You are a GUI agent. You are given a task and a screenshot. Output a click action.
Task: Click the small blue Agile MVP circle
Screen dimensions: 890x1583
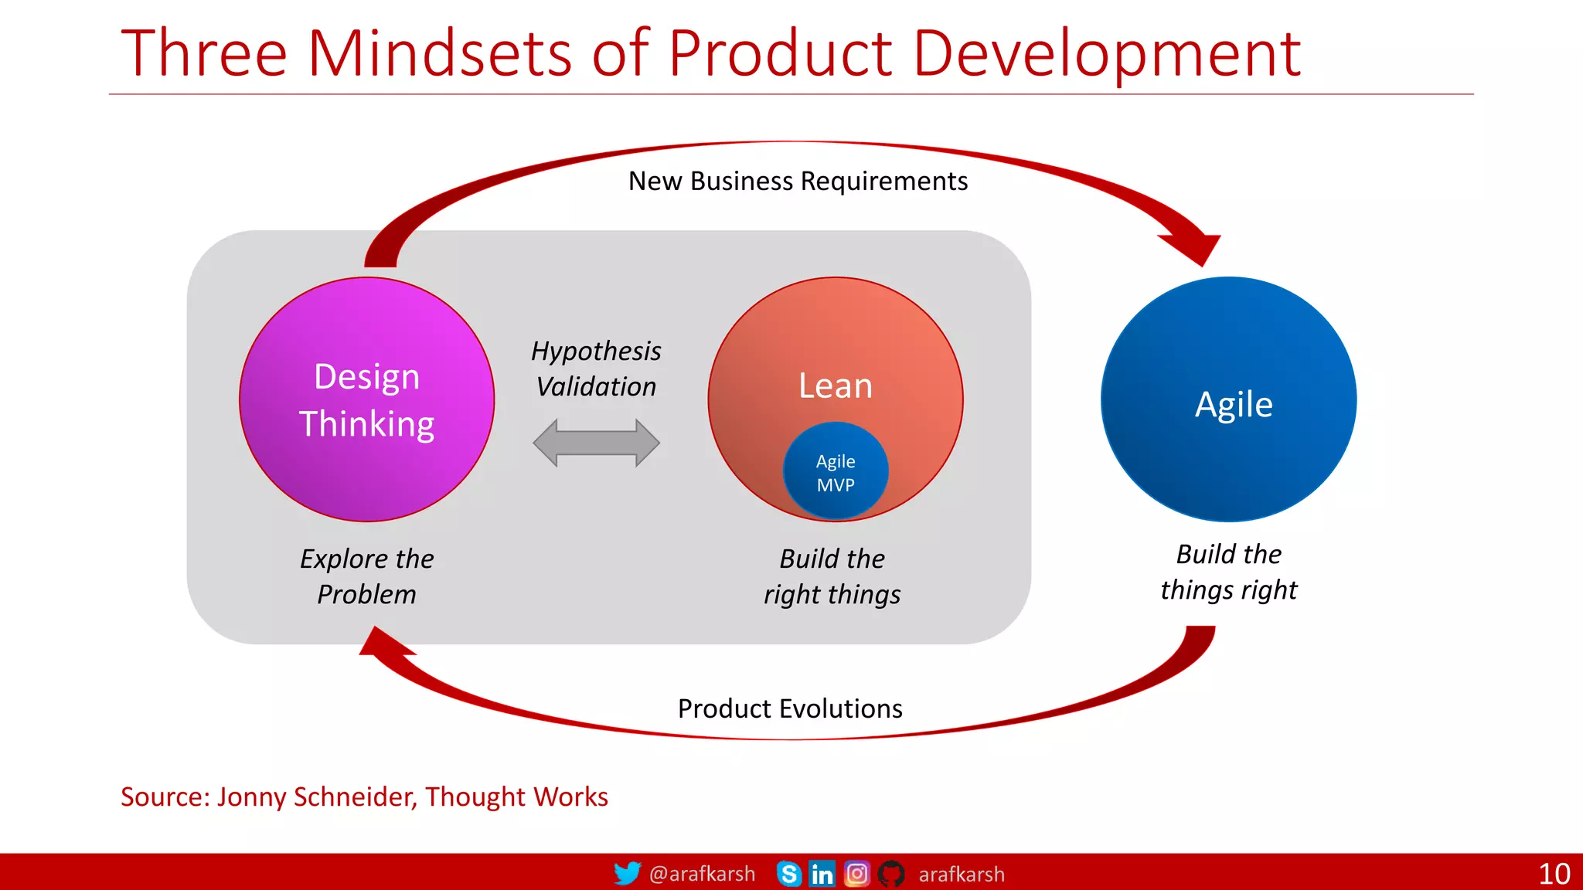tap(836, 471)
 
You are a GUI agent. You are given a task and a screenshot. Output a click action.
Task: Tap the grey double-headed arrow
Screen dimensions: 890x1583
tap(596, 443)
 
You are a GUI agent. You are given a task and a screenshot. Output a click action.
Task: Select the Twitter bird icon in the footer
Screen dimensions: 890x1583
tap(627, 873)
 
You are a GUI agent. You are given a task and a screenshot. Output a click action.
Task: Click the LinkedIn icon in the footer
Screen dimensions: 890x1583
tap(822, 874)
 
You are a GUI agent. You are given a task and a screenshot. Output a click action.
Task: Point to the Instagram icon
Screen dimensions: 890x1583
tap(856, 874)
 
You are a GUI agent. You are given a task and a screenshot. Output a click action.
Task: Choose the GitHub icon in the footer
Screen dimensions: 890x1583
tap(890, 874)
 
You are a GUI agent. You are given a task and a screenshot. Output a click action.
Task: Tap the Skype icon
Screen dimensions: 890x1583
tap(788, 874)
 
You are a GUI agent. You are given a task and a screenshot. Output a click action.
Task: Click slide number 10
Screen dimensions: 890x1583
tap(1554, 874)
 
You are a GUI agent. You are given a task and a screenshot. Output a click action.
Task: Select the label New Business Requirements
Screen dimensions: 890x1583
tap(797, 181)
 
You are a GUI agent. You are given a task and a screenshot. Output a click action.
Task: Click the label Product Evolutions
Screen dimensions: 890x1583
tap(789, 708)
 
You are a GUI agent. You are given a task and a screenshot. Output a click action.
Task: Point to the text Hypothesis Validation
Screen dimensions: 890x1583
tap(596, 369)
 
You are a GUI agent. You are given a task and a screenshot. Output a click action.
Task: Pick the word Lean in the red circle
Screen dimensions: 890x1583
tap(835, 386)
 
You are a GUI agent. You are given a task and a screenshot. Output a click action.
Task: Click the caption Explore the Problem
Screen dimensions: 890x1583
tap(366, 576)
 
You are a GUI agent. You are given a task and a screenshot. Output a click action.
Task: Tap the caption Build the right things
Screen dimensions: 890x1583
tap(832, 576)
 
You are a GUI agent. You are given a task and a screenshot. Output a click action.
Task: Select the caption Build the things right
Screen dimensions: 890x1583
tap(1228, 572)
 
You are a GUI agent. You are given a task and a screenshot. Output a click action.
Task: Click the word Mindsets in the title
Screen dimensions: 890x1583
tap(440, 53)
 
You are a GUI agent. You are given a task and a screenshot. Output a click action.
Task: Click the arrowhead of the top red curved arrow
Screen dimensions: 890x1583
tap(1193, 247)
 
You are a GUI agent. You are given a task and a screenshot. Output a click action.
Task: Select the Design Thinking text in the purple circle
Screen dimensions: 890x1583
tap(366, 400)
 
